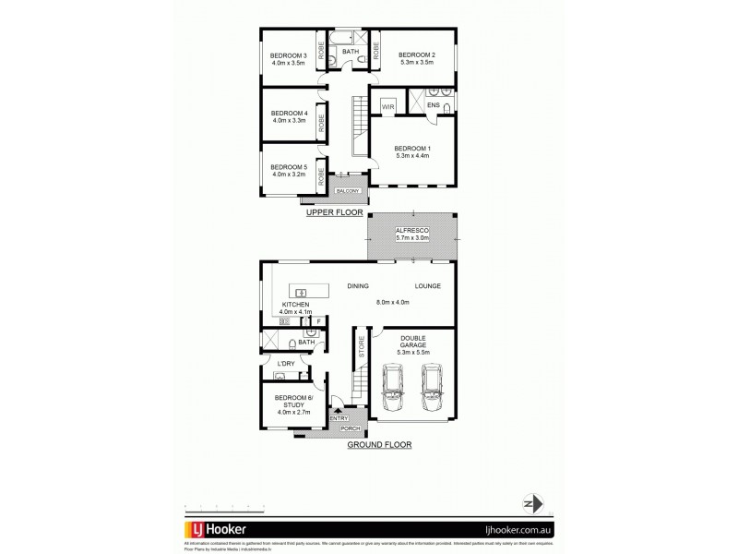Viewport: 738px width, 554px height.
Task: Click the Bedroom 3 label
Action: [x=287, y=55]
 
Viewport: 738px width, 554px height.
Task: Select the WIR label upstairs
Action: [x=387, y=107]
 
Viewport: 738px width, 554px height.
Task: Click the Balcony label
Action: [x=347, y=191]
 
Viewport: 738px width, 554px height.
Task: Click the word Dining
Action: [x=359, y=286]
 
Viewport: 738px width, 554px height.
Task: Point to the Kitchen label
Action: [x=295, y=305]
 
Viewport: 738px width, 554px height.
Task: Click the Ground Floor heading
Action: [x=379, y=444]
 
